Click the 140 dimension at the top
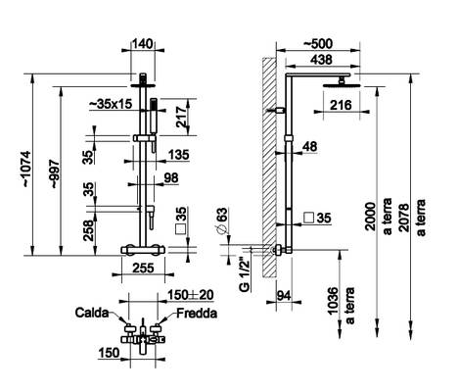[x=142, y=44]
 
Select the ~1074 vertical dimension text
[x=25, y=169]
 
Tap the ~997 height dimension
[x=55, y=173]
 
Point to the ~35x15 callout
[x=111, y=104]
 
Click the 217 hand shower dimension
[x=181, y=117]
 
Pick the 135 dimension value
[x=178, y=155]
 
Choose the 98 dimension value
[x=171, y=177]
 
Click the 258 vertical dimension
[x=88, y=230]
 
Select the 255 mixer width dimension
[x=143, y=269]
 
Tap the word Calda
[x=92, y=313]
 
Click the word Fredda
[x=197, y=314]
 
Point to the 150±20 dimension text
[x=190, y=295]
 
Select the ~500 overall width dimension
[x=318, y=43]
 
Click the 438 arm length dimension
[x=321, y=60]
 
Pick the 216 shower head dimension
[x=341, y=105]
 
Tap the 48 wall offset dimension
[x=309, y=146]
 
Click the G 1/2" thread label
[x=244, y=273]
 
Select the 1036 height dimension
[x=333, y=301]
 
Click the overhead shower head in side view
[x=342, y=85]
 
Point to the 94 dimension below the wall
[x=285, y=296]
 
